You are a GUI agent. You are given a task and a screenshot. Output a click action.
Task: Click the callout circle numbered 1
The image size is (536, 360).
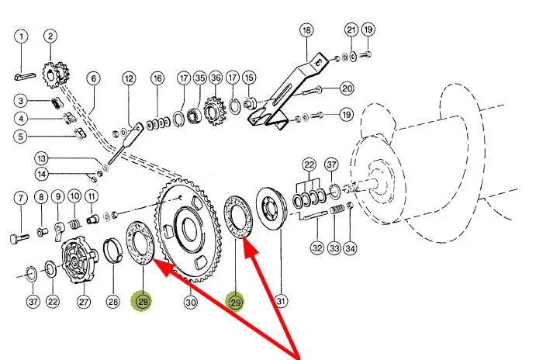pyautogui.click(x=21, y=36)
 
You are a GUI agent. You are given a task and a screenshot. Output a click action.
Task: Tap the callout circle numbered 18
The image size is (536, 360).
pyautogui.click(x=306, y=30)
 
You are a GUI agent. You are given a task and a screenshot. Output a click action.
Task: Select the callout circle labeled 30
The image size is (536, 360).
pyautogui.click(x=191, y=303)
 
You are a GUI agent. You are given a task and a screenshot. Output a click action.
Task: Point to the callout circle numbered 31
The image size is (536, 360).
pyautogui.click(x=281, y=301)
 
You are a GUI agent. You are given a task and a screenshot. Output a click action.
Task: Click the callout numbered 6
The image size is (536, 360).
pyautogui.click(x=94, y=79)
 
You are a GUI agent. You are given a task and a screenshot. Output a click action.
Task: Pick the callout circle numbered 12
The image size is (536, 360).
pyautogui.click(x=129, y=79)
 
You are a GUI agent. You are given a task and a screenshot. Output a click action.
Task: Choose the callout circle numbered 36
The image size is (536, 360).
pyautogui.click(x=216, y=78)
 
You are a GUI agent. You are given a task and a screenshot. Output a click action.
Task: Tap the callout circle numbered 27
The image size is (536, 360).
pyautogui.click(x=84, y=302)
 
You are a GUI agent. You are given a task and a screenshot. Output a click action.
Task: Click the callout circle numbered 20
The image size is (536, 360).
pyautogui.click(x=347, y=89)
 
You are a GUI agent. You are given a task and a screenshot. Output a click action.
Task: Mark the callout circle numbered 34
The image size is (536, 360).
pyautogui.click(x=350, y=248)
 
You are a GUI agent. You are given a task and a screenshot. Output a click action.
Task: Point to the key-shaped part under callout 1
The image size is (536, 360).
pyautogui.click(x=25, y=76)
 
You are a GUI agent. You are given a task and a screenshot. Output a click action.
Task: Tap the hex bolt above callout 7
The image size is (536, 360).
pyautogui.click(x=20, y=238)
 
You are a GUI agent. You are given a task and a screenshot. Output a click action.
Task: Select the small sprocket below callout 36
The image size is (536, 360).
pyautogui.click(x=215, y=111)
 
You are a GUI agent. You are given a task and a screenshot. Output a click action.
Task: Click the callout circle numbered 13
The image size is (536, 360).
pyautogui.click(x=41, y=159)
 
